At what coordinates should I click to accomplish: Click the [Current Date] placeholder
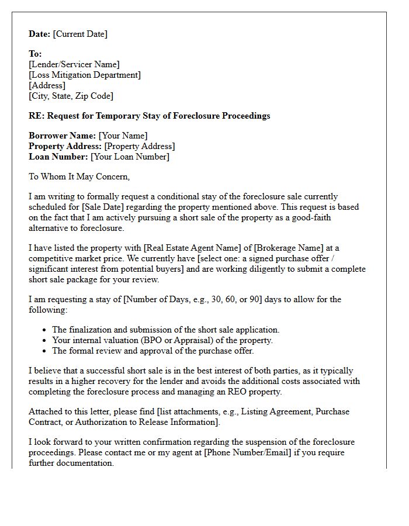point(80,34)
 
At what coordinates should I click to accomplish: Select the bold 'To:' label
point(35,54)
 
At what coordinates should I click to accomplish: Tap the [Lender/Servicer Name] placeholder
point(74,64)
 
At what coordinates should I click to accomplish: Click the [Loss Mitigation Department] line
point(85,75)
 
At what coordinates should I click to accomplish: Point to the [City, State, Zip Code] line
point(71,96)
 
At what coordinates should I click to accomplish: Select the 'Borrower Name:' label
point(62,136)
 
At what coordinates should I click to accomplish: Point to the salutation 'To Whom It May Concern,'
point(79,177)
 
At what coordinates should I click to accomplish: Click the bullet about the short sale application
point(165,330)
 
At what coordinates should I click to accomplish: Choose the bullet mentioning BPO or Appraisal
point(162,340)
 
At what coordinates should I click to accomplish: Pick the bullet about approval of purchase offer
point(152,351)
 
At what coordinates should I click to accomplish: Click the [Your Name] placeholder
point(123,136)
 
